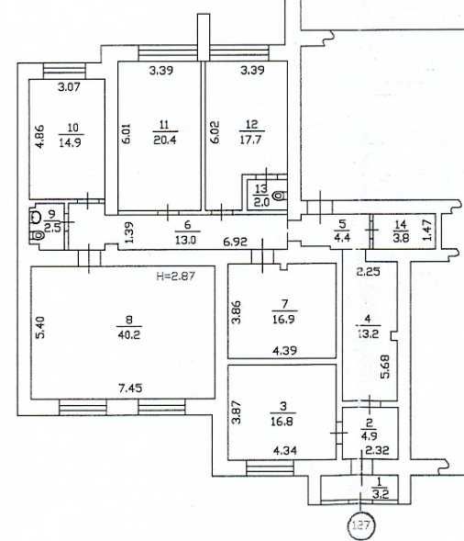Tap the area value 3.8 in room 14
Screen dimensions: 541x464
(x=400, y=237)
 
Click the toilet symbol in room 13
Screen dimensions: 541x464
(x=279, y=194)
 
